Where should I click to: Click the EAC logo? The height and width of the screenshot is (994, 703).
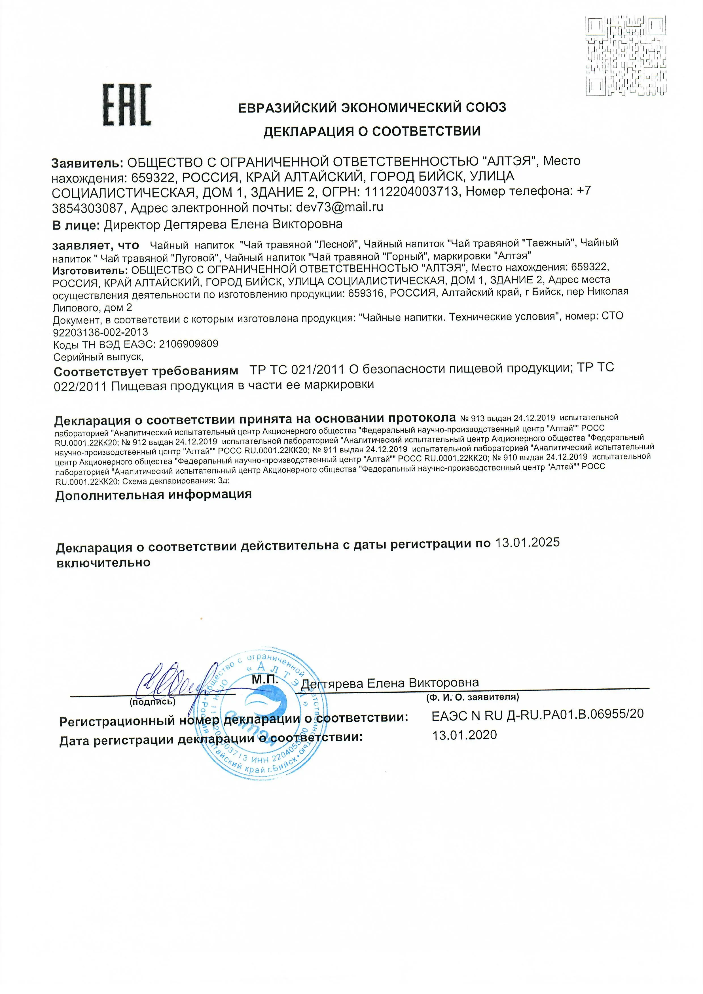127,105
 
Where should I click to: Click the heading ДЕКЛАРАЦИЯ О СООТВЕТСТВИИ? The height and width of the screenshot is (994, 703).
372,131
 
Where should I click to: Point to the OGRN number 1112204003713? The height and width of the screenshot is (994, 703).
411,191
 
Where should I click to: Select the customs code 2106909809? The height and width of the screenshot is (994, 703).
189,344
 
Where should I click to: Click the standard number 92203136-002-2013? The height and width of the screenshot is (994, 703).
100,332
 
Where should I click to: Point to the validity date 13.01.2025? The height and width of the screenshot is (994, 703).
527,542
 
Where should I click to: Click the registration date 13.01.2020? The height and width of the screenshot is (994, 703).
465,735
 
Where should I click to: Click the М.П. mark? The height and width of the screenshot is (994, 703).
265,680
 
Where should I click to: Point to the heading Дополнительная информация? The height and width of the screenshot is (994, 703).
153,495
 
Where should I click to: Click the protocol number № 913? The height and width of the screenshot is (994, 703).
472,418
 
